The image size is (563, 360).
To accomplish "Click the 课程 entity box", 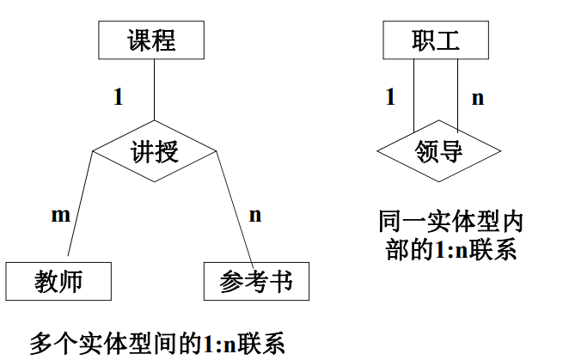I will pyautogui.click(x=152, y=41).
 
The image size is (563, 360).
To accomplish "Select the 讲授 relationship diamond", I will pyautogui.click(x=154, y=152).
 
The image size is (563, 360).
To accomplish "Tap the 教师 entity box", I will pyautogui.click(x=58, y=281).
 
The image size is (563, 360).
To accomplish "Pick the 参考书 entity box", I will pyautogui.click(x=255, y=281).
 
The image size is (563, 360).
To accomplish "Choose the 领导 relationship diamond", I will pyautogui.click(x=438, y=152).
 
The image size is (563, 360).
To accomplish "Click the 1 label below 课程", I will pyautogui.click(x=118, y=97).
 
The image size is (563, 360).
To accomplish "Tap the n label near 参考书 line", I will pyautogui.click(x=255, y=215).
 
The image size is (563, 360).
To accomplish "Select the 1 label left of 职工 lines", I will pyautogui.click(x=390, y=97).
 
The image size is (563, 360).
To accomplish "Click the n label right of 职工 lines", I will pyautogui.click(x=478, y=97).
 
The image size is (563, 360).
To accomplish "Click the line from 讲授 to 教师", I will pyautogui.click(x=78, y=206).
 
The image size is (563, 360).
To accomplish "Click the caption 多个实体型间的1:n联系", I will pyautogui.click(x=156, y=343).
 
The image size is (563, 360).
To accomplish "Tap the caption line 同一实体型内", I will pyautogui.click(x=450, y=222).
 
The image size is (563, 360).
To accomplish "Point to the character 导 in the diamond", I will pyautogui.click(x=450, y=152).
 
